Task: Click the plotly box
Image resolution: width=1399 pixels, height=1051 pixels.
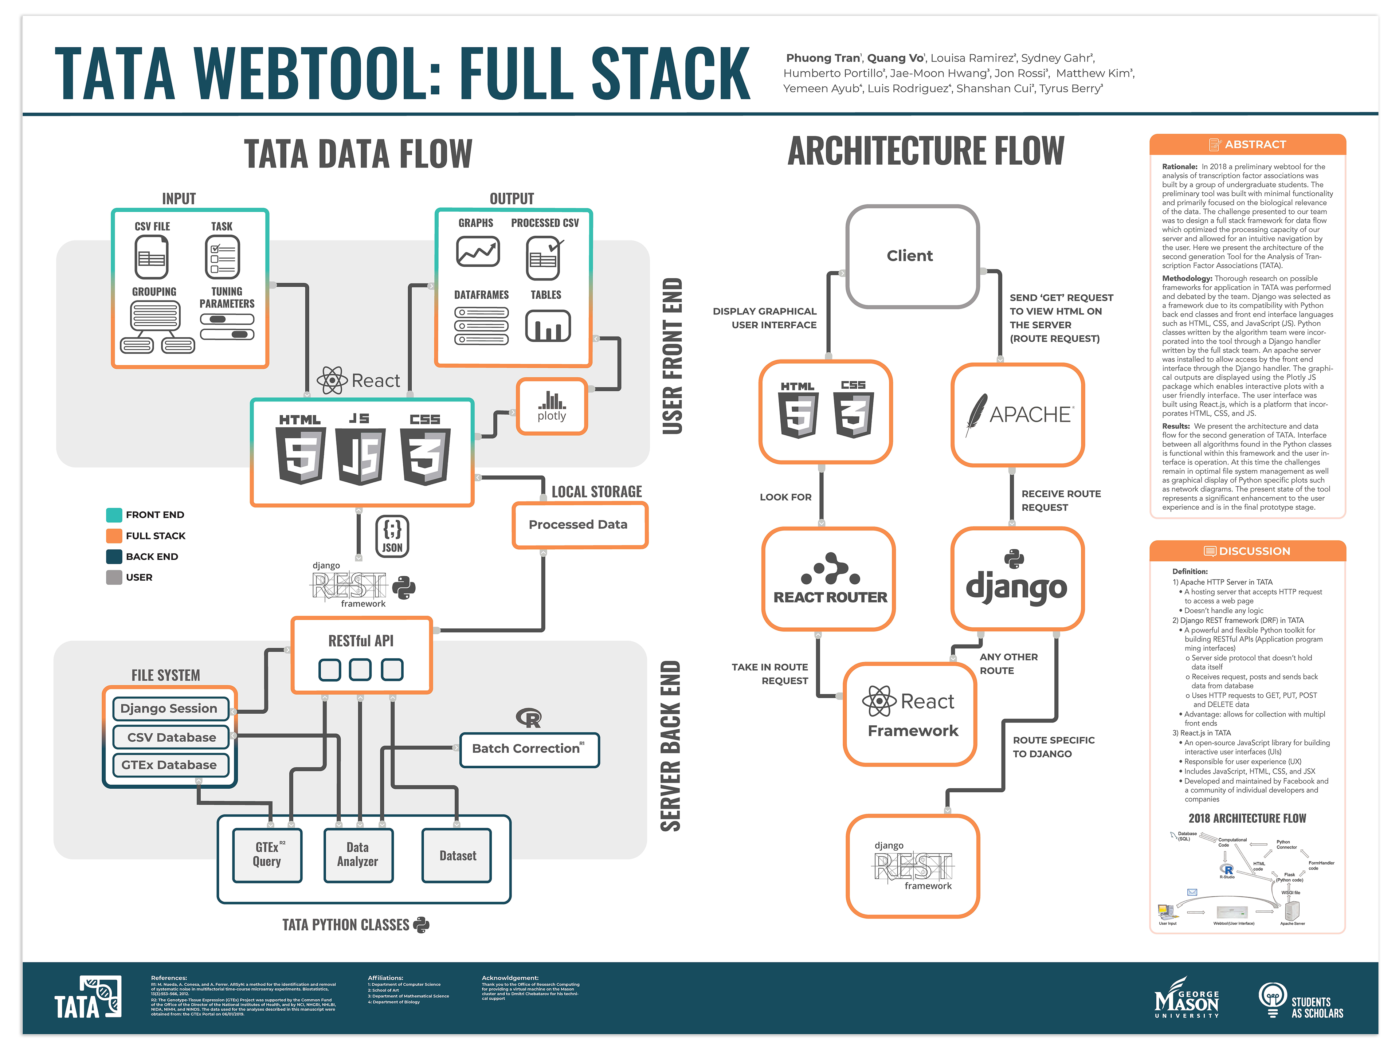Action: (552, 406)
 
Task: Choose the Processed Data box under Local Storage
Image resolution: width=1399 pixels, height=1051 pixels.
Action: (579, 524)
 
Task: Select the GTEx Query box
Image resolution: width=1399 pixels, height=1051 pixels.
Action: (267, 855)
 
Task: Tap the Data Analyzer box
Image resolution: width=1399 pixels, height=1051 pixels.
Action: (358, 855)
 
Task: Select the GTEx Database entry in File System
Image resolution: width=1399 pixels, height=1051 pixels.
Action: (169, 765)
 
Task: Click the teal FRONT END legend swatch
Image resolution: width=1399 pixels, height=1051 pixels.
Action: (114, 515)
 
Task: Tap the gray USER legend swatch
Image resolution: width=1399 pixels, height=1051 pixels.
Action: (114, 577)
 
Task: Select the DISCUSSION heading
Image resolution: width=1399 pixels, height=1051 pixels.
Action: (1247, 551)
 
